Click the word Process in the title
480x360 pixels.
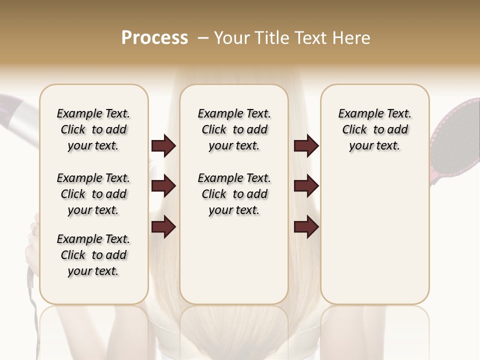click(154, 38)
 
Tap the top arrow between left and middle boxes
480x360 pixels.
click(163, 146)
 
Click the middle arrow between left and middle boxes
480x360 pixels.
click(163, 186)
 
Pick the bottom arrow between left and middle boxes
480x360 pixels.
click(163, 226)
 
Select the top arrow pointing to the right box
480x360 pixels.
click(306, 146)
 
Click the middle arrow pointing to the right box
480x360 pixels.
click(306, 186)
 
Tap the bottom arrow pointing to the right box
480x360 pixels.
click(306, 226)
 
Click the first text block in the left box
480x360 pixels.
click(93, 129)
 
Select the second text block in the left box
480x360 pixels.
click(93, 194)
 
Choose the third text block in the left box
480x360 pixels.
click(93, 255)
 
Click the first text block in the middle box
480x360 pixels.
click(234, 129)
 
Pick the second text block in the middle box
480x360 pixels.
click(234, 194)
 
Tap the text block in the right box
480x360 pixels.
click(374, 129)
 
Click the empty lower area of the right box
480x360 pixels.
click(374, 240)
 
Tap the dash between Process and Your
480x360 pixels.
click(203, 38)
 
